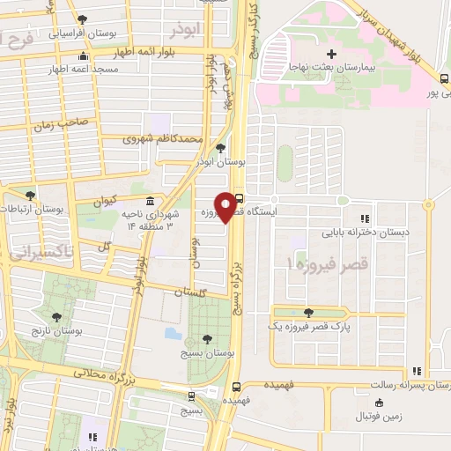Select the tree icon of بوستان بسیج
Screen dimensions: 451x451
coord(206,338)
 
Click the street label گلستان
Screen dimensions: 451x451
coord(190,292)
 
